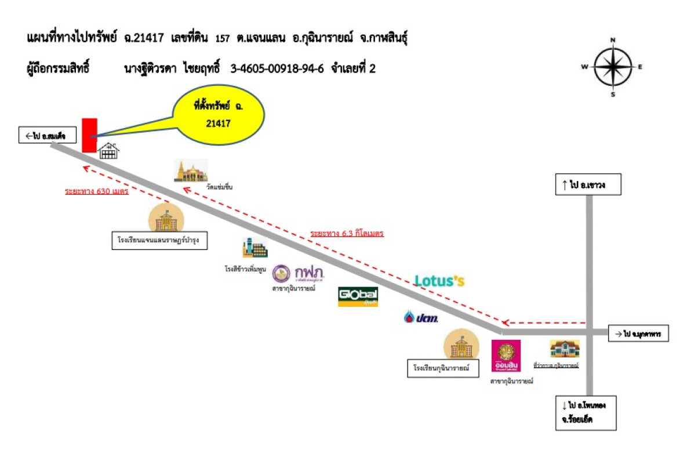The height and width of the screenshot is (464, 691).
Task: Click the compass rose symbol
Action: tap(613, 67)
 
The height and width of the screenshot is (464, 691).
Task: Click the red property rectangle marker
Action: tap(89, 135)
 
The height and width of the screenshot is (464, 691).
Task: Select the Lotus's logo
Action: tap(439, 281)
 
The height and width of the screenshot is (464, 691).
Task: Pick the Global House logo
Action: tap(358, 296)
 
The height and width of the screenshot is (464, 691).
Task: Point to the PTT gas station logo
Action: tap(421, 317)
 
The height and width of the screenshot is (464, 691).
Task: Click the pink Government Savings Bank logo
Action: tap(506, 356)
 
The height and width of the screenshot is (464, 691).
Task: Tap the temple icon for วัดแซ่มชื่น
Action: tap(191, 171)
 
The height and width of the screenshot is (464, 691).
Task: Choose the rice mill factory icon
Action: tap(255, 248)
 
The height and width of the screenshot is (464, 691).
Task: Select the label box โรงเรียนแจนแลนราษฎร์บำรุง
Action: tap(159, 240)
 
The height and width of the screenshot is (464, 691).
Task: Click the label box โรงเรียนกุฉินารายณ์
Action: tap(441, 368)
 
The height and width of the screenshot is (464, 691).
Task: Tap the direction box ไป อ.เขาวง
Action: tap(580, 186)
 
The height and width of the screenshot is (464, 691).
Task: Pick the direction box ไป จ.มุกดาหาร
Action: tap(638, 334)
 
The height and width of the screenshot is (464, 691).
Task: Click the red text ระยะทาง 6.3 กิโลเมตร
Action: tap(347, 234)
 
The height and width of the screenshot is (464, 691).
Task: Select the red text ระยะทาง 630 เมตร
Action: tap(96, 191)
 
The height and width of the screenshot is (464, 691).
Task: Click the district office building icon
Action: tap(565, 349)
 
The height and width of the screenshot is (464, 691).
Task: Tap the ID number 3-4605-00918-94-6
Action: tap(277, 68)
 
